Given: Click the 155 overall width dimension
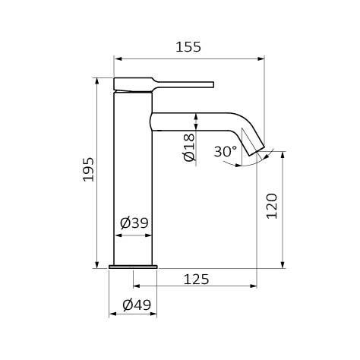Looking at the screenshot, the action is tap(188, 47).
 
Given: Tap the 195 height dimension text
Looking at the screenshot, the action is tap(89, 169).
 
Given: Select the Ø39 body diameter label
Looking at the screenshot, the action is tap(134, 223).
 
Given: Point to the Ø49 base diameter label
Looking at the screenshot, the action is tap(137, 305).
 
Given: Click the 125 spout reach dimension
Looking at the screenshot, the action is tap(197, 279).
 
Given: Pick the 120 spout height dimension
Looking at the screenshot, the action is tap(272, 206).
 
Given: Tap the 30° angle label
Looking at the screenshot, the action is tap(226, 151).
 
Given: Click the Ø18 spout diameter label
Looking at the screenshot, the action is tap(189, 147).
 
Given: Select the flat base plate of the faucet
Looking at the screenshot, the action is tap(133, 267).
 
